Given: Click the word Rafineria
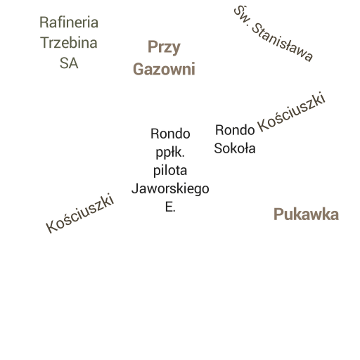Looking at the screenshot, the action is click(69, 22).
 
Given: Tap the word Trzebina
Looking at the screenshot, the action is click(69, 43).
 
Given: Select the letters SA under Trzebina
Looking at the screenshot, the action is click(69, 63).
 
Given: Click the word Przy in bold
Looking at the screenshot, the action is click(164, 47).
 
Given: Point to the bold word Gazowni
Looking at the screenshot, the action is click(164, 70).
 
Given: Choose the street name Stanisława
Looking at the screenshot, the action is click(282, 42).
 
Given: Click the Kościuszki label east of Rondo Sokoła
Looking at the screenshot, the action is click(292, 112).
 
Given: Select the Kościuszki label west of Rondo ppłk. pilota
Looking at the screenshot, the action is click(80, 213).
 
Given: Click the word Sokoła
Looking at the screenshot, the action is click(235, 148).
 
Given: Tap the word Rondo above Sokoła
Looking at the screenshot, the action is click(235, 130).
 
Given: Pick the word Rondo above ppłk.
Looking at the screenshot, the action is click(170, 134).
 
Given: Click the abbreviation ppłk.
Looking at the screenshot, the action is click(170, 153).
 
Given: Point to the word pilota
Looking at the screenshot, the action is click(170, 170).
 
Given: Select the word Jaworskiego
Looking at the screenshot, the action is click(170, 189).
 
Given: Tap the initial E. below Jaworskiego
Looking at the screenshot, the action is click(170, 207).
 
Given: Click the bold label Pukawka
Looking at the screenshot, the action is click(306, 214).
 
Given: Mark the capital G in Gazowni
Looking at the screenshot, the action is click(139, 70).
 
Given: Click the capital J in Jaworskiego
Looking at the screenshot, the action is click(134, 188).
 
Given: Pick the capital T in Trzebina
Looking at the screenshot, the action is click(44, 43).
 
